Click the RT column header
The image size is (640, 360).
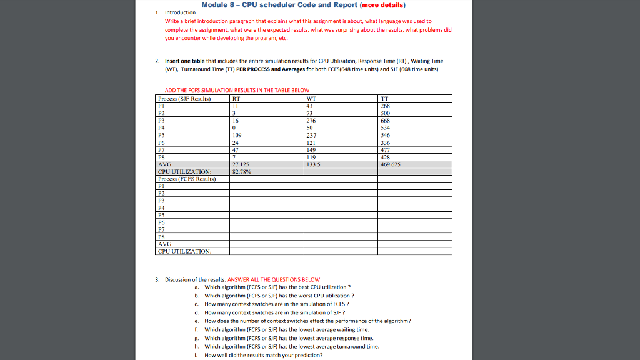(x=236, y=98)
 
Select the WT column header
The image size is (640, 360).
(x=311, y=98)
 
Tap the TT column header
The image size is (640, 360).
(x=384, y=98)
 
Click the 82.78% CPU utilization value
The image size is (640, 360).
(x=241, y=171)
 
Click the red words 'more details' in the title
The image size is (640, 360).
(x=381, y=5)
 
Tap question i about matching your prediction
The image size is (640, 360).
(x=264, y=355)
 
